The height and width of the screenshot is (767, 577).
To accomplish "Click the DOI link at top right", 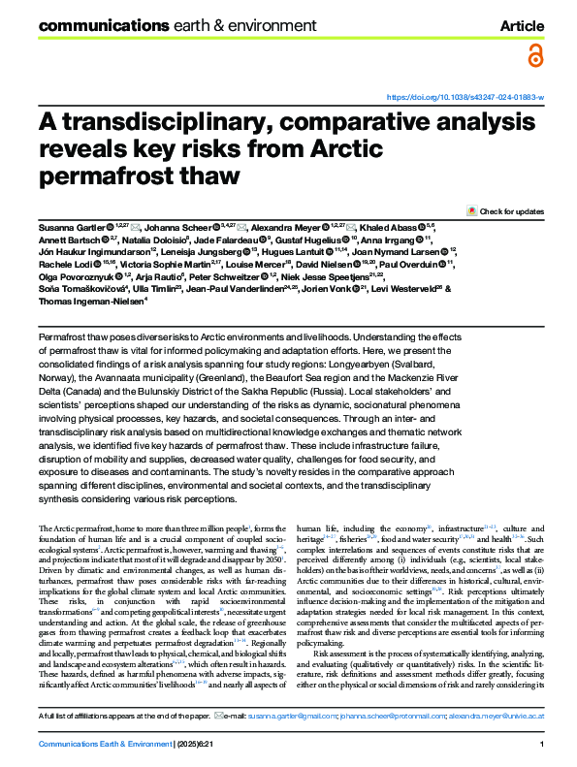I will (x=465, y=98).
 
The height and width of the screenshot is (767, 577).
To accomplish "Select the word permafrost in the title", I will (x=90, y=177).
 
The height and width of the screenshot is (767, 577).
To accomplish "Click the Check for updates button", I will (x=505, y=209).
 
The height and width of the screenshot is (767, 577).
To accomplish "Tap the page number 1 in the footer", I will (x=539, y=743).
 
